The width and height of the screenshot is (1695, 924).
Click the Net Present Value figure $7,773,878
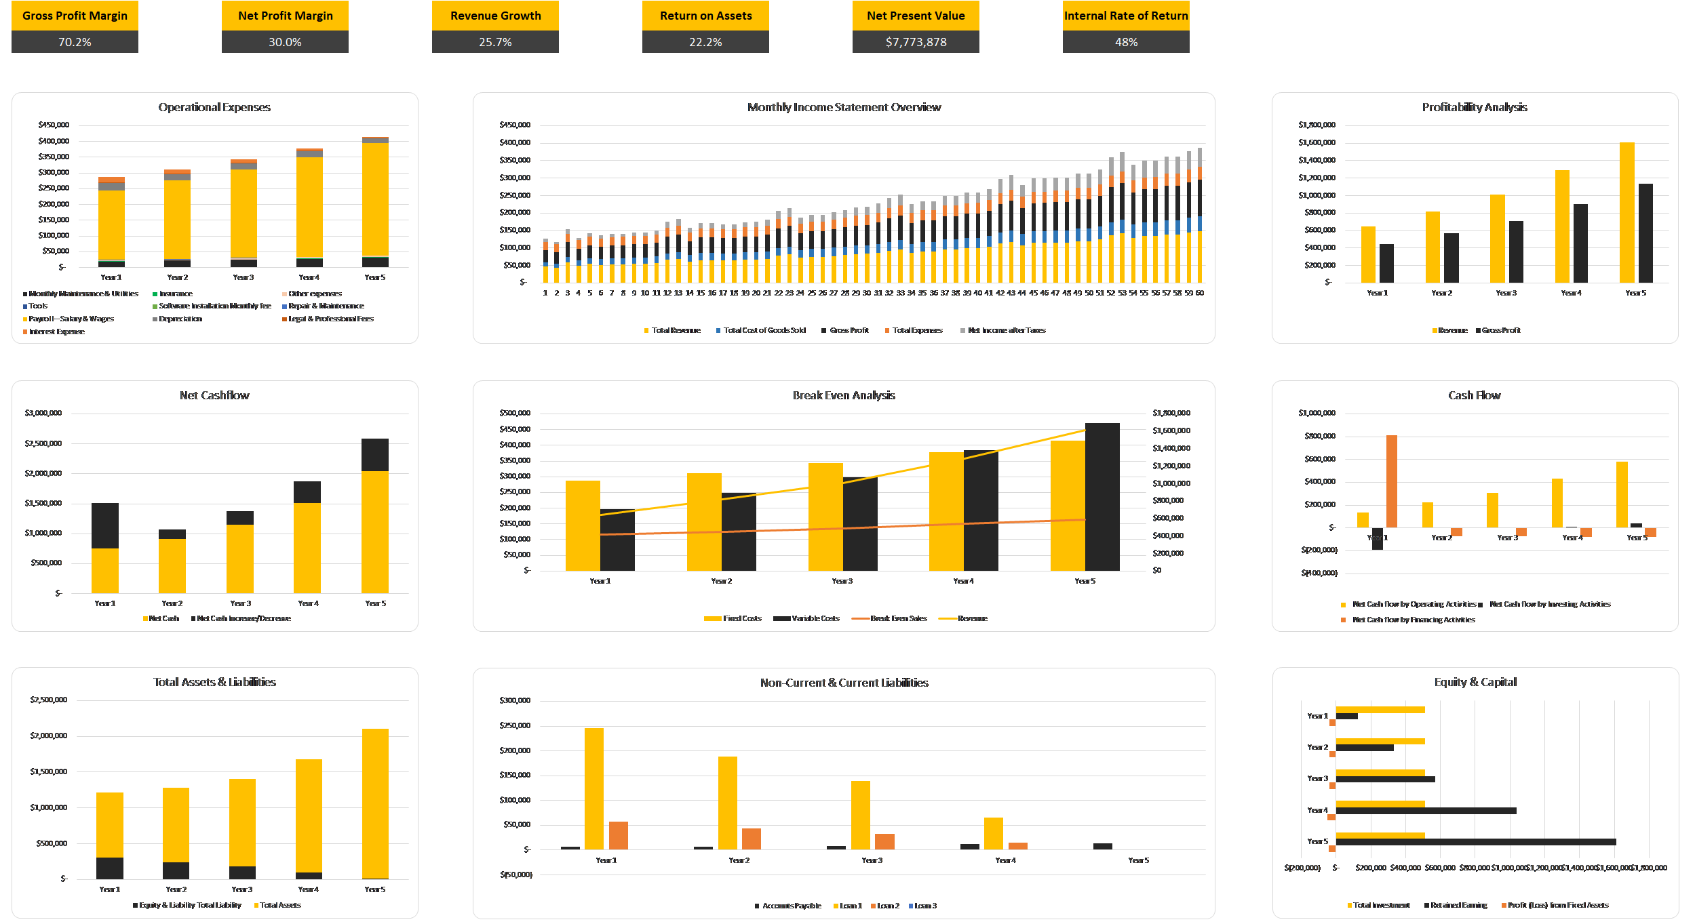[x=916, y=42]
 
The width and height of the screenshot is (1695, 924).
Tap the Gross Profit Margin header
[x=75, y=16]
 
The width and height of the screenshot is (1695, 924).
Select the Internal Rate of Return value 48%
[x=1126, y=42]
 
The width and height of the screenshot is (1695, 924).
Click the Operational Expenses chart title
[x=214, y=107]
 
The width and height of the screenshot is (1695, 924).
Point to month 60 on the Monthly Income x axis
[x=1200, y=293]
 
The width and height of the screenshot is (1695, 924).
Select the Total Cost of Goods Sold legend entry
[x=764, y=330]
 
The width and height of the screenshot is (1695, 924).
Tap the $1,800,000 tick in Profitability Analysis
[x=1317, y=125]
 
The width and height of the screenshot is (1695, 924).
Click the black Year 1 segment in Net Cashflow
[x=105, y=525]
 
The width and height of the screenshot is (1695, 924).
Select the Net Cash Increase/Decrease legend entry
[x=243, y=618]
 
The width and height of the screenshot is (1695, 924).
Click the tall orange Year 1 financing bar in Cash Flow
[x=1392, y=481]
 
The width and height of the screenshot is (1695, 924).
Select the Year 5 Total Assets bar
[x=375, y=803]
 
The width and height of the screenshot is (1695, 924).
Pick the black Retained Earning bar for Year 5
[x=1475, y=842]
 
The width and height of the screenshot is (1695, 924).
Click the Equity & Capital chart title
[x=1475, y=682]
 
